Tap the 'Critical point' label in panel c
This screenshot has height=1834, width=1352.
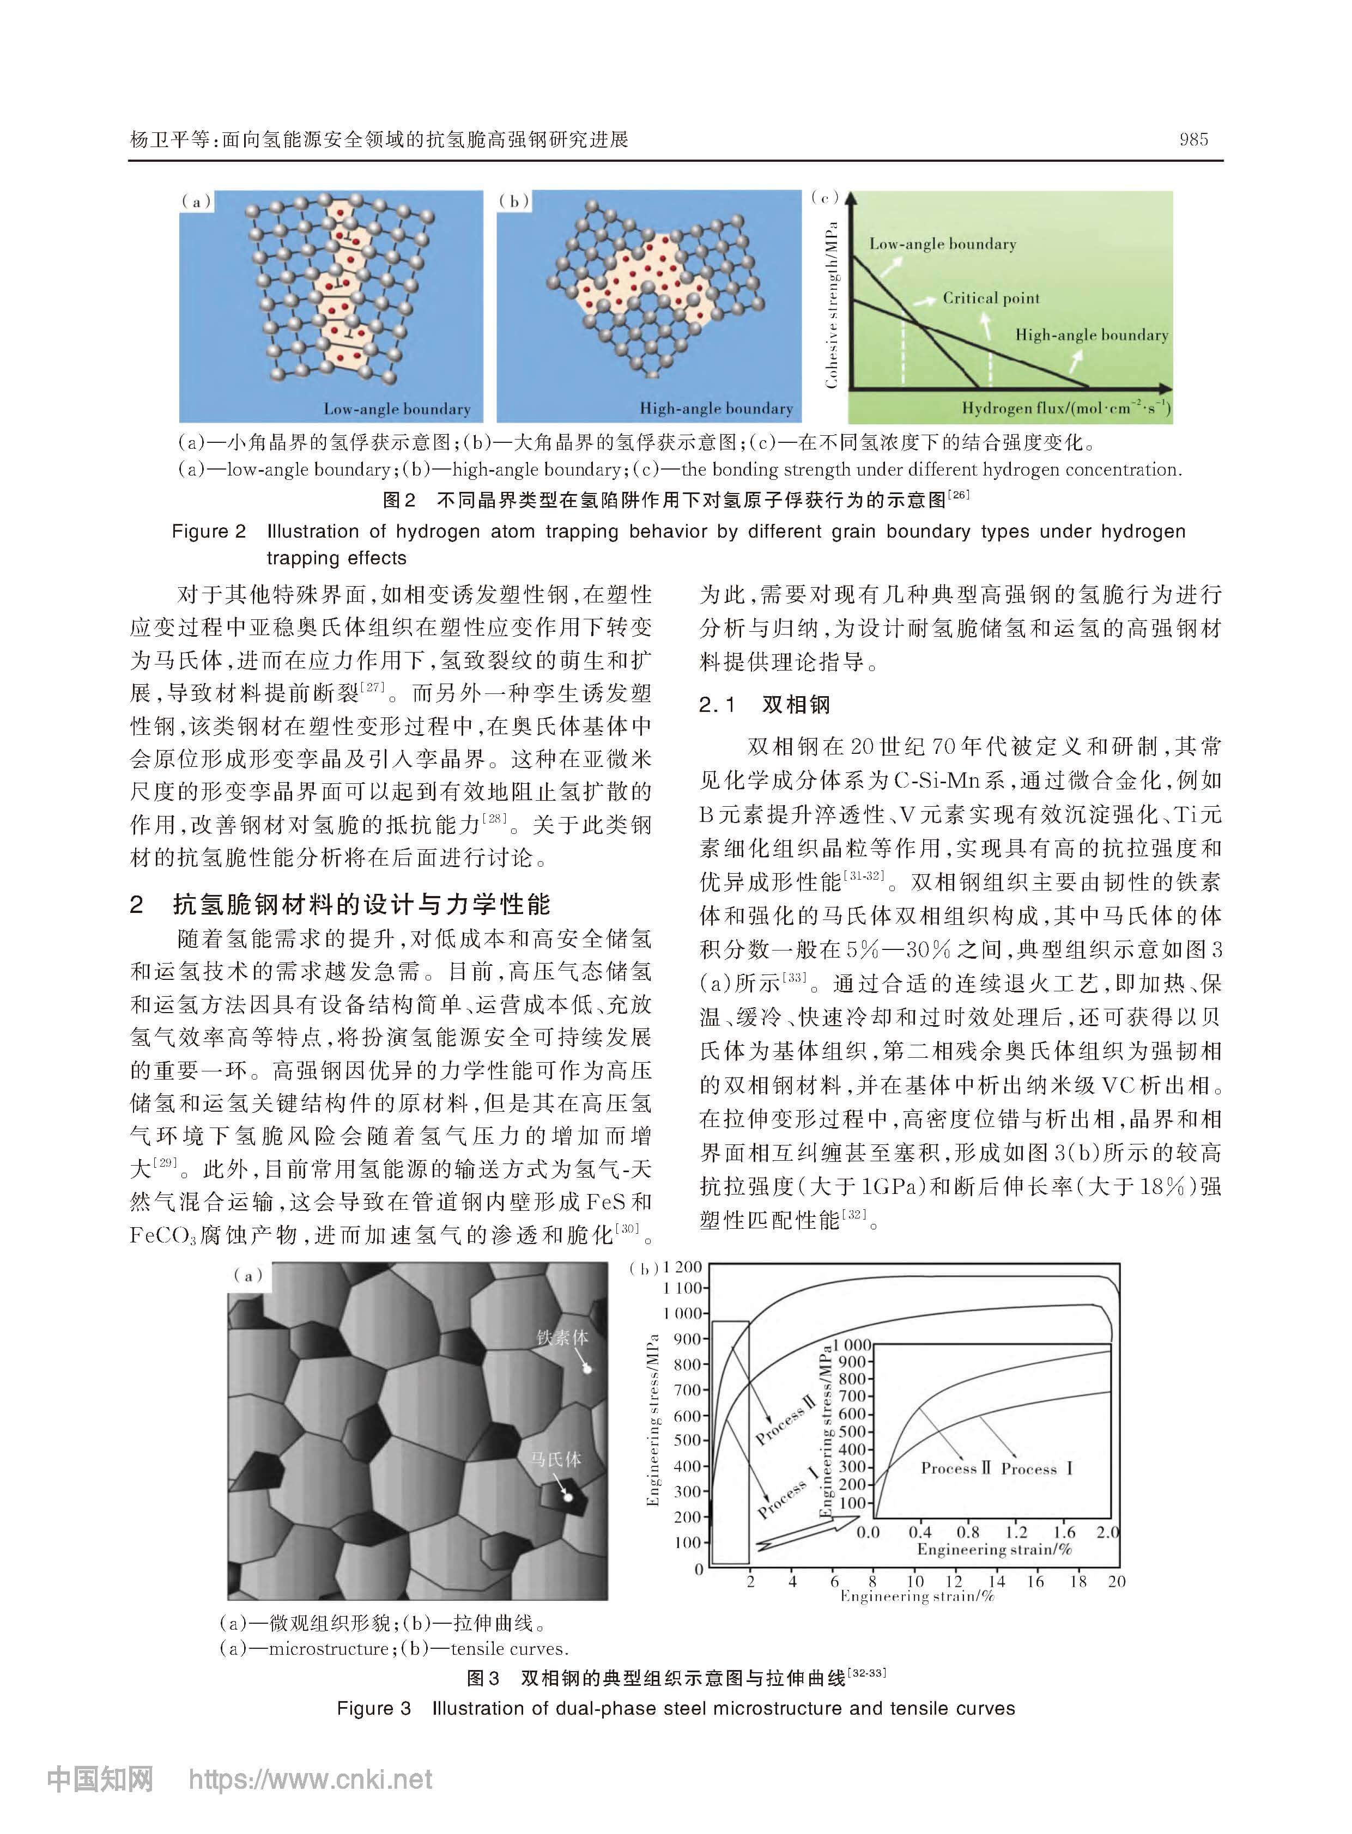point(990,298)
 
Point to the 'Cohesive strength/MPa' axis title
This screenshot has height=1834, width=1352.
point(832,304)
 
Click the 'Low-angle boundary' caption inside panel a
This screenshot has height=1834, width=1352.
point(397,409)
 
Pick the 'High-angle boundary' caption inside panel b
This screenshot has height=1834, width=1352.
point(716,408)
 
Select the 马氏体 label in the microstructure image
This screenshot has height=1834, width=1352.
point(556,1459)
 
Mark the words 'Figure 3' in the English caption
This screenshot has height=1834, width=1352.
point(373,1709)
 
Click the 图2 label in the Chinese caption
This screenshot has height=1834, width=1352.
point(399,500)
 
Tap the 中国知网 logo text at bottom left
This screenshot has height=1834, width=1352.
point(100,1780)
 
